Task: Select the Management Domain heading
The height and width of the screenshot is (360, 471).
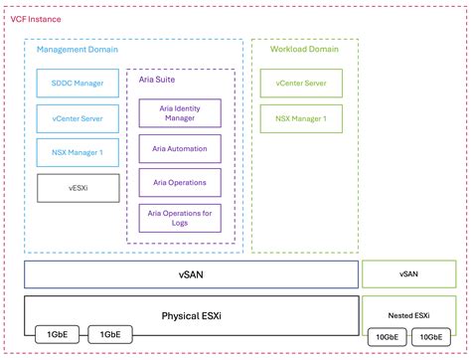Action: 77,49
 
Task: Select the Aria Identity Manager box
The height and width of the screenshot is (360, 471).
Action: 180,112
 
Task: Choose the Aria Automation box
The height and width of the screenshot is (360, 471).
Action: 180,148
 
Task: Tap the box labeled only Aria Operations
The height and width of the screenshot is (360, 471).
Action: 180,182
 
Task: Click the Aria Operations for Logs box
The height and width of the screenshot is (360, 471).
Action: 180,216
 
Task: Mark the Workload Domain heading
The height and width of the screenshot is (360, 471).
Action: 294,49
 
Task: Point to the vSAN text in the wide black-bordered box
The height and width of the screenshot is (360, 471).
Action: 191,274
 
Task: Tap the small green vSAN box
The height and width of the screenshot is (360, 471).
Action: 408,273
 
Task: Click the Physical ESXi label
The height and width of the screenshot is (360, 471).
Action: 191,316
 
